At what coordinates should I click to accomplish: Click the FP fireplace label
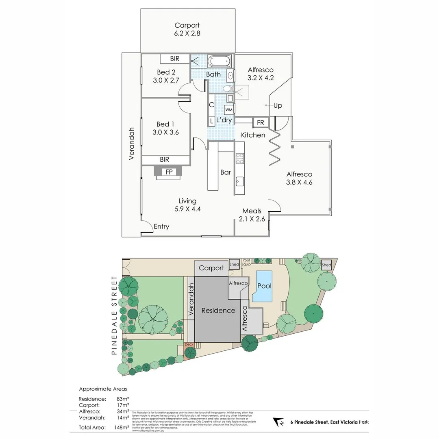point(169,172)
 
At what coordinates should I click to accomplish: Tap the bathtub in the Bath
point(219,62)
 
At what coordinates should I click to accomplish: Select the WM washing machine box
point(229,110)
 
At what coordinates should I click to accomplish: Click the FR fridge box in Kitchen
point(260,122)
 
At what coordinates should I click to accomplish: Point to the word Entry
point(161,226)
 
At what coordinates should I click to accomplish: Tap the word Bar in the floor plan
point(226,172)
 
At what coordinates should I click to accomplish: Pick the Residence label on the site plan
point(218,311)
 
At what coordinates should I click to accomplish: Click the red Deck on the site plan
point(189,345)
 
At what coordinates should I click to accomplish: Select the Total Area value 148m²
point(122,427)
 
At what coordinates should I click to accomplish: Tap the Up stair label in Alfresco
point(278,106)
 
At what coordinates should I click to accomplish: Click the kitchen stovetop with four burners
point(239,158)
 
